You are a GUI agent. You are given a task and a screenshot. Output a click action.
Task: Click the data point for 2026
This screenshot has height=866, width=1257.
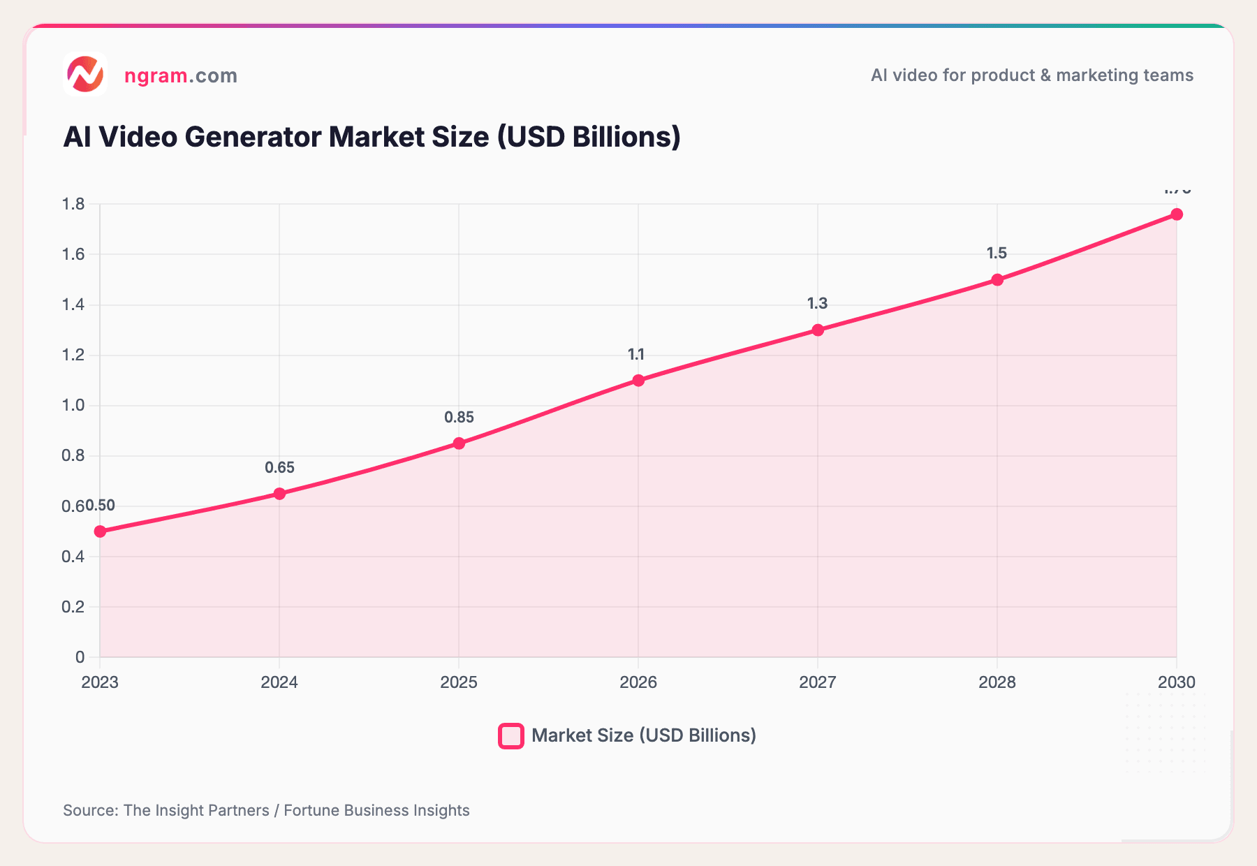click(x=638, y=381)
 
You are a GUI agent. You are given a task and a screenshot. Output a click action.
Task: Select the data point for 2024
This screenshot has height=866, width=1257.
click(x=279, y=494)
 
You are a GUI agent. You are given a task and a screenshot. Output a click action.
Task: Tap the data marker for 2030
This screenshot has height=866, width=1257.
click(x=1177, y=214)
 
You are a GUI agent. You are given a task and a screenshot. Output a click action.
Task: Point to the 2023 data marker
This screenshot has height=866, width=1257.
click(x=100, y=531)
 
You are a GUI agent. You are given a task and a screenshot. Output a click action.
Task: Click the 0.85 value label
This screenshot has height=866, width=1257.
click(x=459, y=418)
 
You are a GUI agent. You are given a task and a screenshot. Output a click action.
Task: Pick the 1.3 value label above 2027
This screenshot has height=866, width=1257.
click(x=817, y=304)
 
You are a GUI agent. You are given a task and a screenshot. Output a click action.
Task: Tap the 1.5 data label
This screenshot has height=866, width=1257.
click(x=997, y=254)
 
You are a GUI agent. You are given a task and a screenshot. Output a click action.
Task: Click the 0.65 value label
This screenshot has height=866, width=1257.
click(x=279, y=468)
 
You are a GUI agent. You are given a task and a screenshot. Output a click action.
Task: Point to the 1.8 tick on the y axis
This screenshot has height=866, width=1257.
click(x=73, y=205)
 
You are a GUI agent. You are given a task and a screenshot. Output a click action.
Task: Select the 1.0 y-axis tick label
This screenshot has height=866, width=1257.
click(x=73, y=406)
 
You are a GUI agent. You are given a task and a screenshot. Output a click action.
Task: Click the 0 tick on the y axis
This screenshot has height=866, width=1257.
click(x=80, y=657)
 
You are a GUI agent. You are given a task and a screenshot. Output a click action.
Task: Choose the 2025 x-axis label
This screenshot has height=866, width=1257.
click(x=459, y=682)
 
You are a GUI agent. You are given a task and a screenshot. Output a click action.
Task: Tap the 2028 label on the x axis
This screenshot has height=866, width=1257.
click(x=997, y=682)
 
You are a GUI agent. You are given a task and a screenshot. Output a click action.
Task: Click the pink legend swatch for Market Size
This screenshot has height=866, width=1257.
click(x=511, y=736)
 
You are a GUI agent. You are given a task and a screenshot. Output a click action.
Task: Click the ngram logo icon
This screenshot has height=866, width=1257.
click(x=85, y=75)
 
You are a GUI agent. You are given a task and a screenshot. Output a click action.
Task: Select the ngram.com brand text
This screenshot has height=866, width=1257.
click(x=180, y=75)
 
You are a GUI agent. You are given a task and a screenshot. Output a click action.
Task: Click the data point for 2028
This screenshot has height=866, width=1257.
click(x=997, y=280)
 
